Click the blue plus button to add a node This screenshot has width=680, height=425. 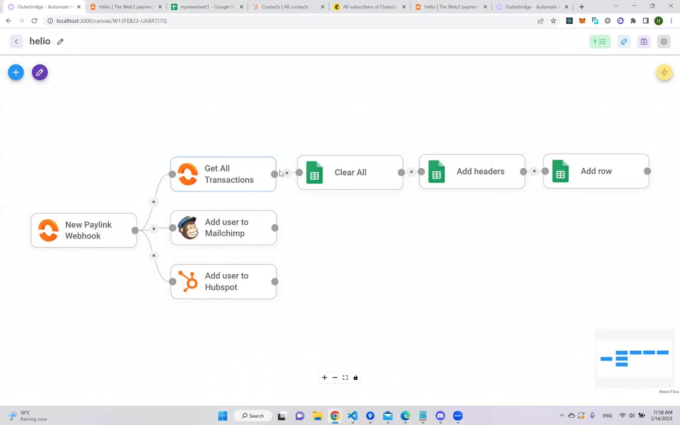[16, 73]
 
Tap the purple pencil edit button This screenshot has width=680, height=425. [40, 73]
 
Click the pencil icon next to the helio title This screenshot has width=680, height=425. [60, 41]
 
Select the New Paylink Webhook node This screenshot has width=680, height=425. [84, 231]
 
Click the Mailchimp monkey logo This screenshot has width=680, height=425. [188, 228]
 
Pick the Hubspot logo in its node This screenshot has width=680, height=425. [188, 282]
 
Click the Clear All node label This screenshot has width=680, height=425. [350, 172]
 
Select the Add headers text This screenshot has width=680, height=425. [481, 171]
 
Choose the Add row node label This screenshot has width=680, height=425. [596, 171]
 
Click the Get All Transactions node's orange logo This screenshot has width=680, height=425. [188, 174]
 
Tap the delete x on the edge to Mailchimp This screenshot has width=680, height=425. [154, 228]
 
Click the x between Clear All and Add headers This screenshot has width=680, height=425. [411, 172]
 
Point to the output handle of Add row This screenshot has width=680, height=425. [647, 171]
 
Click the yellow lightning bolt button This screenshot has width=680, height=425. [664, 73]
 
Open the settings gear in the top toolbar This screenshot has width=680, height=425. [664, 41]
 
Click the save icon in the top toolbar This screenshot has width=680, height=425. [644, 41]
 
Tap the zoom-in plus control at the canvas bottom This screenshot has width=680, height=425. [325, 377]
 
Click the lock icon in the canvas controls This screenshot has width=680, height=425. [355, 377]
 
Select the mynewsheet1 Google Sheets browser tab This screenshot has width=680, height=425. [207, 7]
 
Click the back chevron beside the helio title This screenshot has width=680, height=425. [16, 41]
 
